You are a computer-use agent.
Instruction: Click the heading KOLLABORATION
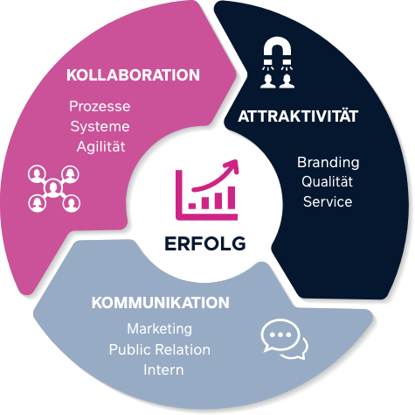tap(133, 75)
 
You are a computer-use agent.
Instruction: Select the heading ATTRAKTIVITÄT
tap(298, 116)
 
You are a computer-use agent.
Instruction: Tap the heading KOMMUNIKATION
tap(161, 303)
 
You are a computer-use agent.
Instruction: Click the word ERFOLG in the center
tap(205, 243)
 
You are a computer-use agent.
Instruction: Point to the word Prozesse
tap(100, 106)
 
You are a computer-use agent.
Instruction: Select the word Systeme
tap(100, 127)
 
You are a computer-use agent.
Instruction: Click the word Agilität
tap(101, 146)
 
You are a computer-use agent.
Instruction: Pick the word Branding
tap(329, 163)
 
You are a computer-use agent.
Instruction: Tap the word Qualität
tap(327, 182)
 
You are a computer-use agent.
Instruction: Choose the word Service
tap(328, 201)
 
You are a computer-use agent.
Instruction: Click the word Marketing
tap(160, 329)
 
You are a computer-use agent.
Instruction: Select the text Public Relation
tap(160, 349)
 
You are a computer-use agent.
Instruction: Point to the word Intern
tap(163, 369)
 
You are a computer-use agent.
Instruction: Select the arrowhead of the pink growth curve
tap(232, 166)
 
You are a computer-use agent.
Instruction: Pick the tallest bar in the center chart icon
tap(232, 198)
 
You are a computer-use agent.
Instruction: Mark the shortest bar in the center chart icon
tap(192, 206)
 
